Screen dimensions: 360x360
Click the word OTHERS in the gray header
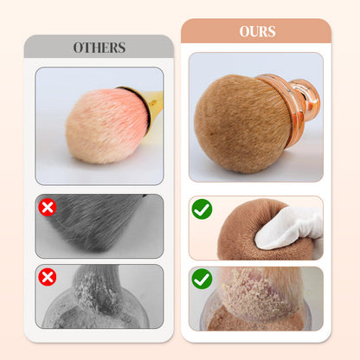pos(99,48)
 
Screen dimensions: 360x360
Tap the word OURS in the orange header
pos(256,32)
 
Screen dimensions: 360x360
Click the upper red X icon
pos(48,207)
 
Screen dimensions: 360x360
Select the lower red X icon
pos(48,277)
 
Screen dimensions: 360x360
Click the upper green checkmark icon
pos(201,209)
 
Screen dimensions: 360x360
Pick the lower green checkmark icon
pos(201,279)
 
